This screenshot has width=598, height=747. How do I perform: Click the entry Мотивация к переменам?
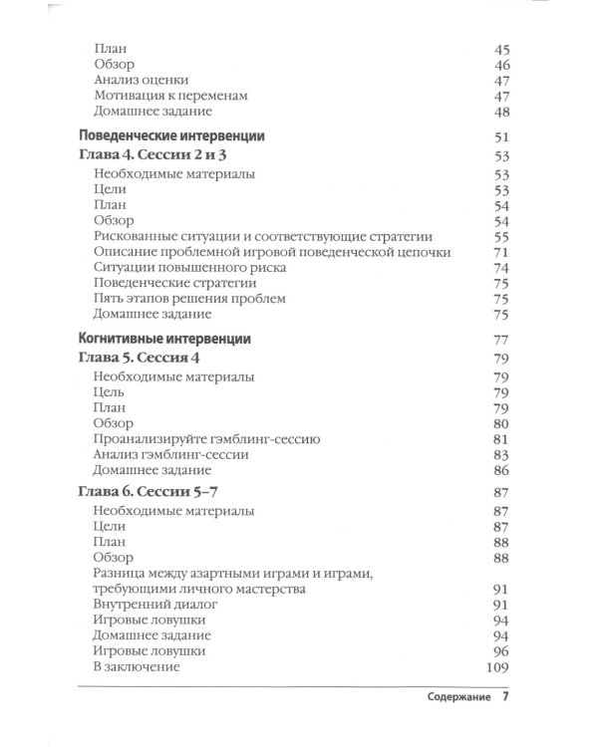[169, 95]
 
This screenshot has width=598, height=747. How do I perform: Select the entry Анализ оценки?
[142, 79]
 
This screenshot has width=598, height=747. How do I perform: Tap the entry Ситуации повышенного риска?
[190, 267]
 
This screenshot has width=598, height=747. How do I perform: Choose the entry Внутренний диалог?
[154, 604]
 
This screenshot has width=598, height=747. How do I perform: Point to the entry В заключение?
[137, 666]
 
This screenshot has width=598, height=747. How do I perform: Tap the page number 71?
[501, 252]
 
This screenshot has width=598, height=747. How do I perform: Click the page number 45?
[501, 48]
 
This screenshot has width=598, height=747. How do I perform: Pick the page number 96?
[501, 650]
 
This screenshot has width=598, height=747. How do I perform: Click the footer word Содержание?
[451, 699]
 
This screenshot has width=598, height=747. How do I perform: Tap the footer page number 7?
[505, 698]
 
